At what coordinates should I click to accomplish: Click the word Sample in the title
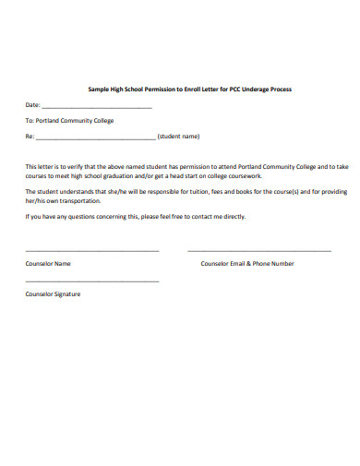pyautogui.click(x=98, y=89)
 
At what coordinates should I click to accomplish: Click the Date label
pyautogui.click(x=32, y=104)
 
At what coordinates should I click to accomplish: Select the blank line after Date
pyautogui.click(x=97, y=106)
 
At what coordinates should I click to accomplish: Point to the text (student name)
pyautogui.click(x=179, y=136)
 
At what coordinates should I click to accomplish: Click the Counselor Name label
pyautogui.click(x=48, y=263)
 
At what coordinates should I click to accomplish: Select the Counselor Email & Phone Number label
pyautogui.click(x=247, y=263)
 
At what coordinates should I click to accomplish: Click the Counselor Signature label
pyautogui.click(x=53, y=294)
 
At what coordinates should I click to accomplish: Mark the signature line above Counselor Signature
pyautogui.click(x=91, y=281)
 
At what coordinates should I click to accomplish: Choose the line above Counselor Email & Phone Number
pyautogui.click(x=258, y=250)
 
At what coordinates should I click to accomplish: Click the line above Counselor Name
pyautogui.click(x=91, y=250)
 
